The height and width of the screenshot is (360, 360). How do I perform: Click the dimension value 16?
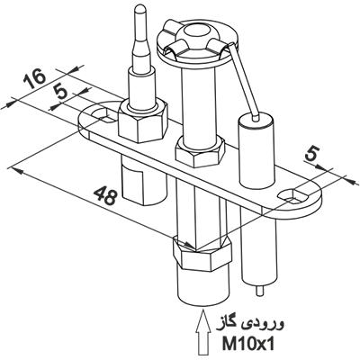pos(34,78)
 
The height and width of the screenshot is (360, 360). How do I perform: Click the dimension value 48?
pos(104,195)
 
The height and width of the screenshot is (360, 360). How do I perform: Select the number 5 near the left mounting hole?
pos(61,91)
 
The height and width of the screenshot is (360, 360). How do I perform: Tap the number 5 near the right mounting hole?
pos(313,155)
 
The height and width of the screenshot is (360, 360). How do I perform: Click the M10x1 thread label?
pos(247,345)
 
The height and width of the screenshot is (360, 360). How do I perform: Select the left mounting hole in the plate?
pos(103,115)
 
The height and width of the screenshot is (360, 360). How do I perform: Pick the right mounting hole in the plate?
pos(293,195)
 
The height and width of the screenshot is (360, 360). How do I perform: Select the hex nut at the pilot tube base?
pos(200,151)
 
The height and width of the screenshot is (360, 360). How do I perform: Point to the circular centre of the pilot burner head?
pos(198,31)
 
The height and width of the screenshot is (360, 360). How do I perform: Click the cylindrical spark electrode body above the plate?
pos(256,151)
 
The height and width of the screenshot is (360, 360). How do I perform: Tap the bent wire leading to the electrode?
pos(242,81)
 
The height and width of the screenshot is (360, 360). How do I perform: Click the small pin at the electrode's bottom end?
pos(260,290)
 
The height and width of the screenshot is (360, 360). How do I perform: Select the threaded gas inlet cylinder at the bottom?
pos(203,285)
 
